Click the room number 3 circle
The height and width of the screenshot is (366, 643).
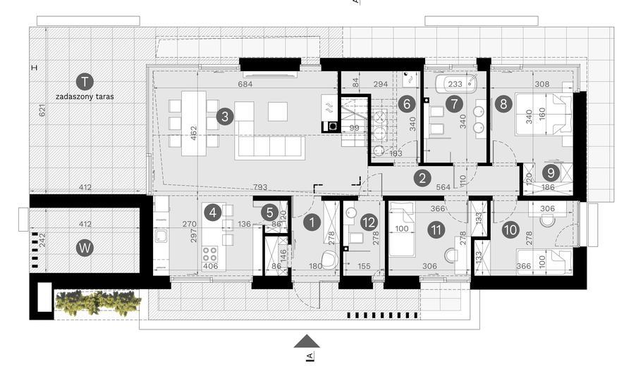224,117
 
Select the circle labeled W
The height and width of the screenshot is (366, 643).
85,248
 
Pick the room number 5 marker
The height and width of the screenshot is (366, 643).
269,212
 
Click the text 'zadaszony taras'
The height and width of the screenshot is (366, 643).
85,96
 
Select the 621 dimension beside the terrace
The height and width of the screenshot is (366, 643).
42,111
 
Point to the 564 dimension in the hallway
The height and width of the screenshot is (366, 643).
443,187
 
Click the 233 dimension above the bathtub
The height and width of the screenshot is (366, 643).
455,84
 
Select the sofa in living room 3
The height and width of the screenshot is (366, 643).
269,146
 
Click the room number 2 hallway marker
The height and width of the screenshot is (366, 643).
422,177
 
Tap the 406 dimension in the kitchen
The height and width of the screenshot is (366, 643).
211,266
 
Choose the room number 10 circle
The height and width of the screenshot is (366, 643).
510,229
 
